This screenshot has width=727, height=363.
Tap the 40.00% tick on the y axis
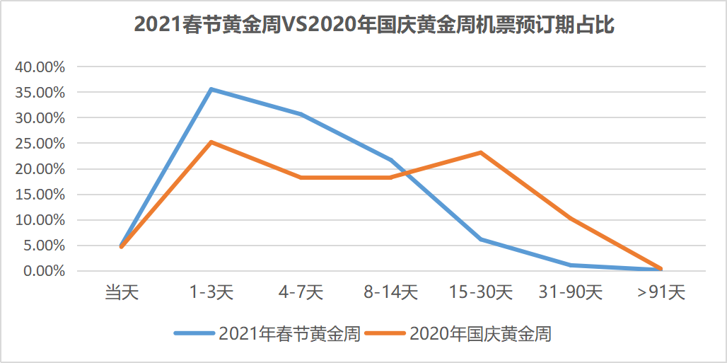pos(40,67)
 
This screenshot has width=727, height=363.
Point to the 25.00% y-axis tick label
pos(40,144)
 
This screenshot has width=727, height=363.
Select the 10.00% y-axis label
pos(40,220)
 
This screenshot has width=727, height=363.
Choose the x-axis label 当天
pos(122,292)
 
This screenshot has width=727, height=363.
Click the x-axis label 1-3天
pos(211,292)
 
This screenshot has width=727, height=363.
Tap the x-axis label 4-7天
pos(301,292)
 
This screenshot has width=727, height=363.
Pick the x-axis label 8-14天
pos(390,292)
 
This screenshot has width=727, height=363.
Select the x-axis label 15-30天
pos(480,292)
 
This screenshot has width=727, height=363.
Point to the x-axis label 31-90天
pos(570,292)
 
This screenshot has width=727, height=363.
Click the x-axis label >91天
pos(661,292)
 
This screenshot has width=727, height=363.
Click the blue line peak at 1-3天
pos(211,89)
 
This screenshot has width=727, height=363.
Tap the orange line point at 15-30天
pos(480,152)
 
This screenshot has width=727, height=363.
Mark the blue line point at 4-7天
pos(301,114)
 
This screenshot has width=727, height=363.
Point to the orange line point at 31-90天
pos(570,219)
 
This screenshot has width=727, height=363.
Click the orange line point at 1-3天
pos(211,142)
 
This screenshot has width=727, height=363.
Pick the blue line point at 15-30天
pos(480,239)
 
